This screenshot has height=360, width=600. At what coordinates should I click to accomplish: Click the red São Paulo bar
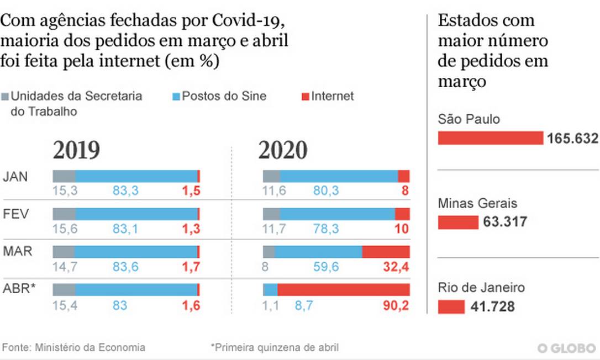pyautogui.click(x=491, y=138)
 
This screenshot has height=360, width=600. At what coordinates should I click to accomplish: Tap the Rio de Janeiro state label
pyautogui.click(x=481, y=288)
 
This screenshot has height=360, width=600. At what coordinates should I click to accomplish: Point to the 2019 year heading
pyautogui.click(x=76, y=150)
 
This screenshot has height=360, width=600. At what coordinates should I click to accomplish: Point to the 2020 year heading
pyautogui.click(x=282, y=150)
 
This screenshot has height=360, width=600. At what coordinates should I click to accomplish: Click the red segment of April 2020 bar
pyautogui.click(x=343, y=290)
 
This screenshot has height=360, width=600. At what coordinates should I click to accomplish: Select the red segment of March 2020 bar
pyautogui.click(x=386, y=252)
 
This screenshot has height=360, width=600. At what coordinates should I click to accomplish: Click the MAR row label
pyautogui.click(x=18, y=252)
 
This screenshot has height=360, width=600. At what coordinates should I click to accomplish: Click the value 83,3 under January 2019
pyautogui.click(x=125, y=191)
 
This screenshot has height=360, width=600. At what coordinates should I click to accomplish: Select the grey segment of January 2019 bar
pyautogui.click(x=64, y=176)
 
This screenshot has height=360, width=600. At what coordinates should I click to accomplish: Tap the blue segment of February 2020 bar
pyautogui.click(x=337, y=214)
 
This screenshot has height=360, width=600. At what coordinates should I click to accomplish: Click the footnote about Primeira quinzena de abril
pyautogui.click(x=275, y=347)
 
